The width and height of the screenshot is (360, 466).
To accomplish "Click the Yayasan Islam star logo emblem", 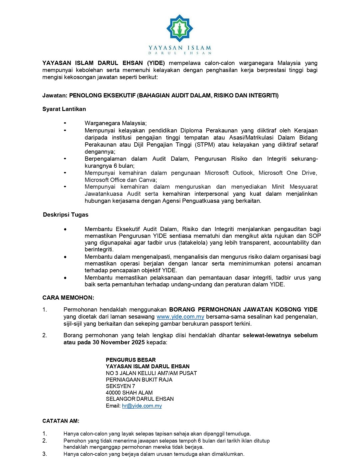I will point(180,28).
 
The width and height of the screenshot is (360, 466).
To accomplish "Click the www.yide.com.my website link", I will point(180,317).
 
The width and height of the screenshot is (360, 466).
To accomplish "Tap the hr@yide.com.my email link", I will point(142,406).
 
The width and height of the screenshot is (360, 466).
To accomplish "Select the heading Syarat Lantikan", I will point(64,109).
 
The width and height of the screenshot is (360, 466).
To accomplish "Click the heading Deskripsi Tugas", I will point(66,215).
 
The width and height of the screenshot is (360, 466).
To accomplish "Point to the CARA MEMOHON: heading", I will point(68,298).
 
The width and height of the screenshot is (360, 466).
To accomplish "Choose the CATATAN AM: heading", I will point(61,421).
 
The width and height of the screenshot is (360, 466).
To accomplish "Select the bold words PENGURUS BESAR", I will point(131,360).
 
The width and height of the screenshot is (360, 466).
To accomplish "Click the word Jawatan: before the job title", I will point(55,96).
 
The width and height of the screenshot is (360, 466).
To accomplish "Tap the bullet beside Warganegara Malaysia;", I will point(65,123).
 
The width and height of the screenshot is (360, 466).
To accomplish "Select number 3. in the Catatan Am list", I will point(45,454).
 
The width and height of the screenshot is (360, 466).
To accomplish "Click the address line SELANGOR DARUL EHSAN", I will point(140,399).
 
